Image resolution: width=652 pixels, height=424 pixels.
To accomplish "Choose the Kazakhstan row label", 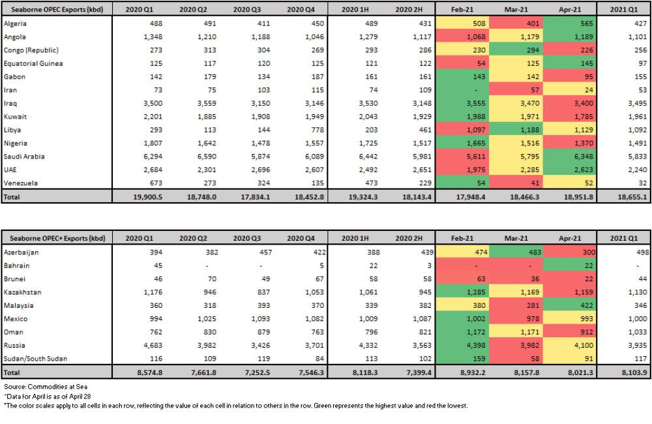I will tap(23, 292).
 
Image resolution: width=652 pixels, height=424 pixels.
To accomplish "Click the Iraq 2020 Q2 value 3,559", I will tap(195, 103).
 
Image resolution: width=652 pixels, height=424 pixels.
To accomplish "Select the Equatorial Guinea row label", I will tap(33, 63).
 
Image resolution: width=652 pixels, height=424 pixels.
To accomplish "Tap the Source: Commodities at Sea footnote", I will tap(45, 387).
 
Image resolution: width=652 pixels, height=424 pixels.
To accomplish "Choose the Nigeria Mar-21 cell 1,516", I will tap(518, 144).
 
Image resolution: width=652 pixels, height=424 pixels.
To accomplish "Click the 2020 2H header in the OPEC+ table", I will tap(408, 238).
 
